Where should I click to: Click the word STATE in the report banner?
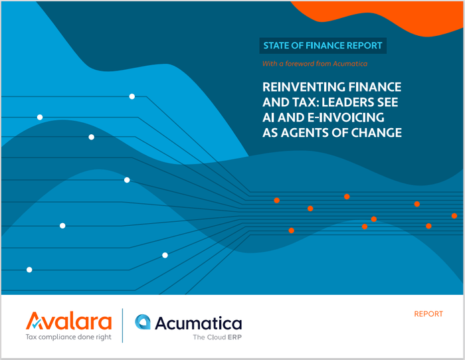pos(278,46)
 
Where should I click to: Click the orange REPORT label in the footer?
pos(428,314)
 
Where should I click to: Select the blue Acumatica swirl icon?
pos(143,323)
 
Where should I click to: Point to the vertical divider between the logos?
pos(123,325)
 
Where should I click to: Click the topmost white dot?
pos(132,96)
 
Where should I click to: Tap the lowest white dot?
pos(29,270)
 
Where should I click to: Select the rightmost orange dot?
pos(454,216)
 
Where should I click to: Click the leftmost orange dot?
pos(276,200)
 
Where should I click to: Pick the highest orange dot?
pos(347,197)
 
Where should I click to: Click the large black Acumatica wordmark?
pos(198,323)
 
